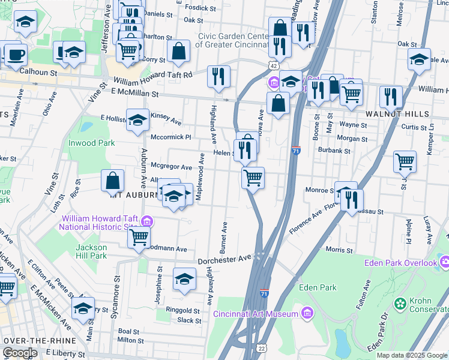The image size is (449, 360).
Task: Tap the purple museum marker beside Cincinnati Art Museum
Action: (307, 313)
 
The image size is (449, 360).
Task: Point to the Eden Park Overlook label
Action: (400, 263)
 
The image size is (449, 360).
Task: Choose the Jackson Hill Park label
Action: (91, 251)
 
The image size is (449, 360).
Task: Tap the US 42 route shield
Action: (273, 65)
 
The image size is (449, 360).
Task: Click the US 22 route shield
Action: (261, 348)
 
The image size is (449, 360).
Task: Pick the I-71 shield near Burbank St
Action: (296, 149)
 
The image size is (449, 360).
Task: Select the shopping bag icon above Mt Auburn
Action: (113, 180)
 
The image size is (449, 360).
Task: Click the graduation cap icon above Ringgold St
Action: (185, 278)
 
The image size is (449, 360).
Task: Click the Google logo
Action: (20, 353)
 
